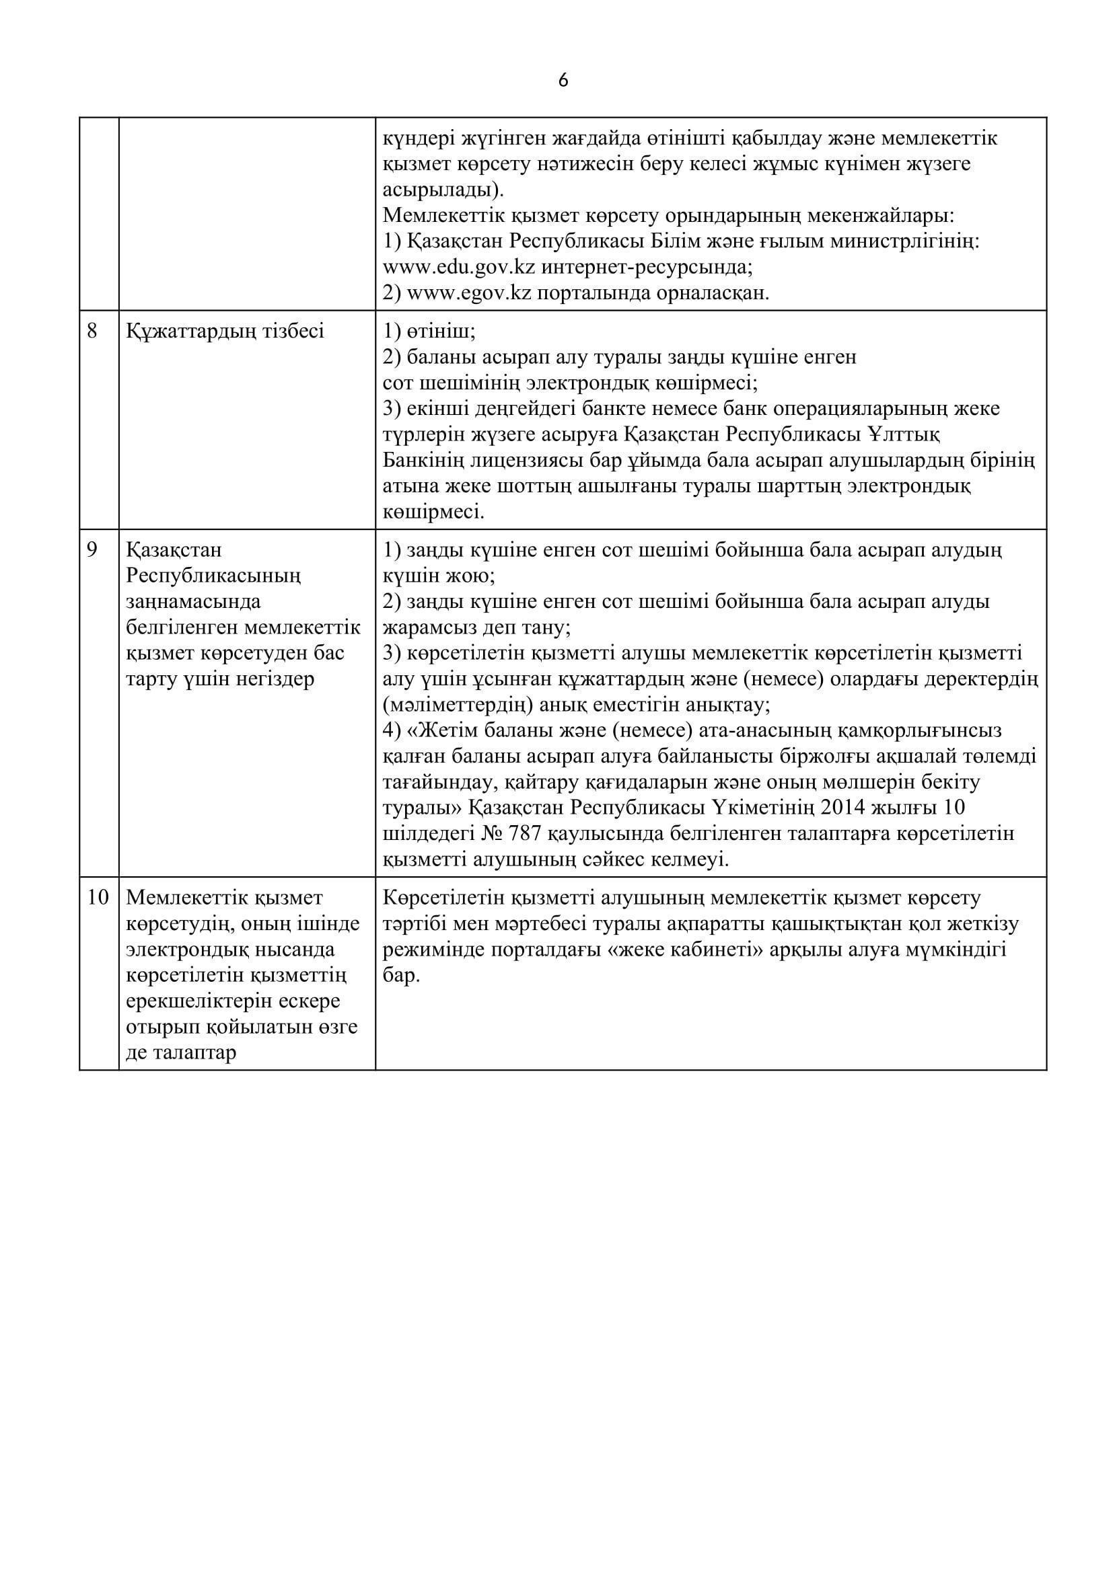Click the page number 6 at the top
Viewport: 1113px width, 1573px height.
point(563,81)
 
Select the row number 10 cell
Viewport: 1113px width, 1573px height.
point(98,898)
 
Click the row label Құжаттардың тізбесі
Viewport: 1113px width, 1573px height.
point(225,332)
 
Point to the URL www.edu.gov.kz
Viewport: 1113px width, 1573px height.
point(458,267)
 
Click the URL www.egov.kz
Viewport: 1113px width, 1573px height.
point(470,293)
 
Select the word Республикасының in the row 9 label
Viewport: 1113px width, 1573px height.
point(215,576)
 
